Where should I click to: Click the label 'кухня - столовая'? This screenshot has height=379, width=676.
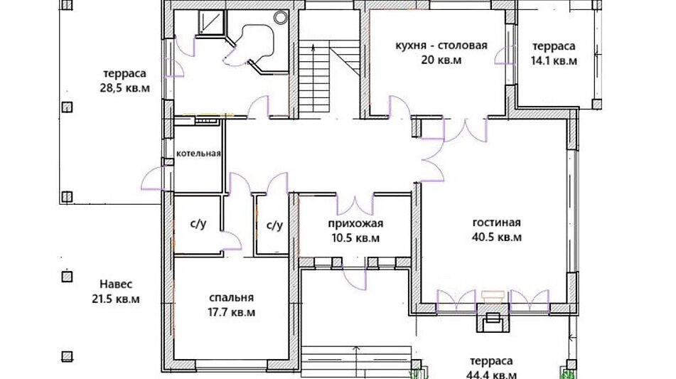(441, 46)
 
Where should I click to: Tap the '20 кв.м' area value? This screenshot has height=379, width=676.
(441, 60)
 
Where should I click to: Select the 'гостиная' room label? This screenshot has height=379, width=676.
(497, 223)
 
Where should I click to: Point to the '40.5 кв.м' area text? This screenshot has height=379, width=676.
(497, 237)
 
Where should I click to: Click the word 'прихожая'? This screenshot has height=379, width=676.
(355, 224)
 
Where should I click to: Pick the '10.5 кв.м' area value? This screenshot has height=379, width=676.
(355, 238)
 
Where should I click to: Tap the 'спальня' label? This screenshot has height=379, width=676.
(232, 297)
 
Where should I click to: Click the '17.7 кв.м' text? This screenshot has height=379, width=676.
(232, 312)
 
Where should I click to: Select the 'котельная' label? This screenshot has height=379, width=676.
(199, 154)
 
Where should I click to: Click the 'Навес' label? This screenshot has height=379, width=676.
(116, 284)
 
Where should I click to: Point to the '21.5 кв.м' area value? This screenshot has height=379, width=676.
(116, 299)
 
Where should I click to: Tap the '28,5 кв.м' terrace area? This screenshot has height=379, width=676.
(124, 88)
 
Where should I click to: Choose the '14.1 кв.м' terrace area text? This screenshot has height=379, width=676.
(554, 60)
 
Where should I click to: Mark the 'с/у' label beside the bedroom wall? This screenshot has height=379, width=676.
(198, 224)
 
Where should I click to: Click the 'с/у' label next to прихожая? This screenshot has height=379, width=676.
(274, 225)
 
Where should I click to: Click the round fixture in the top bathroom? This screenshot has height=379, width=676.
(281, 17)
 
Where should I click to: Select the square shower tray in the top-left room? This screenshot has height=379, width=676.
(211, 23)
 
